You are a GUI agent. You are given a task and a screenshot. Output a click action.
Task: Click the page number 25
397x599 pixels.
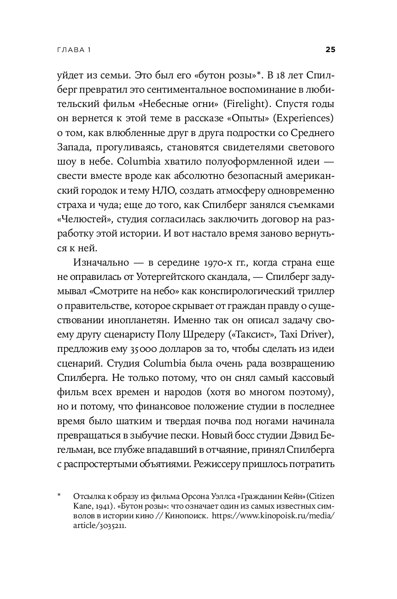[x=330, y=50]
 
